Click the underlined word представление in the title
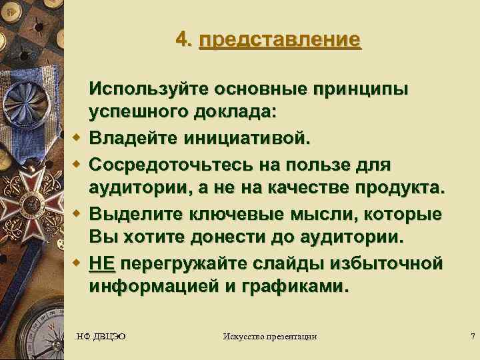pyautogui.click(x=279, y=39)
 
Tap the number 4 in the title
pyautogui.click(x=182, y=39)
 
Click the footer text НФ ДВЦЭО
pyautogui.click(x=102, y=337)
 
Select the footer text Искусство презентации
pyautogui.click(x=270, y=337)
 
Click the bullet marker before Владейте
pyautogui.click(x=77, y=139)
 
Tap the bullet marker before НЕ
pyautogui.click(x=77, y=264)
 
